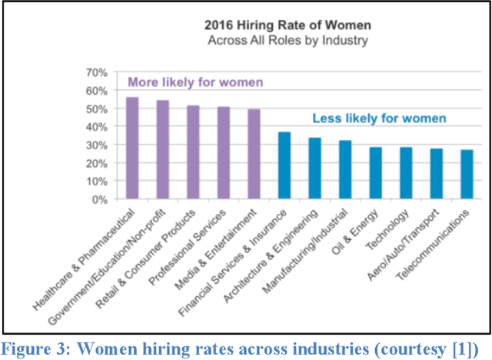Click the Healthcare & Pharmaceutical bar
tap(132, 148)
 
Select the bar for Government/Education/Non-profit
tap(162, 150)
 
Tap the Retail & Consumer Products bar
tap(193, 152)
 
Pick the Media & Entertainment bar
tap(254, 154)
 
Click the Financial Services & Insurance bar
tap(284, 165)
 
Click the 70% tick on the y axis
tap(96, 72)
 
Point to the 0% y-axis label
tap(99, 199)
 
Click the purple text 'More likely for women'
tap(195, 82)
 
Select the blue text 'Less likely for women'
tap(379, 118)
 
